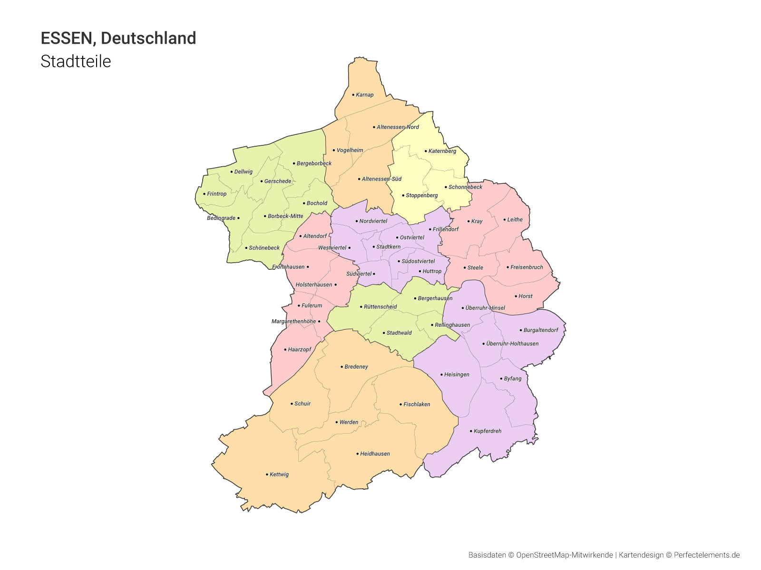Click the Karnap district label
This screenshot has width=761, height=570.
[365, 95]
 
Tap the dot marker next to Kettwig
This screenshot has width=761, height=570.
[267, 475]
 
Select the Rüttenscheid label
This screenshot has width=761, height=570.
[380, 307]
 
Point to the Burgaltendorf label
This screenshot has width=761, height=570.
[541, 330]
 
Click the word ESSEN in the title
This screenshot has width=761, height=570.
[66, 38]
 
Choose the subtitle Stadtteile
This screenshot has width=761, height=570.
[76, 61]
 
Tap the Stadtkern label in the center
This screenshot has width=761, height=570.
[388, 247]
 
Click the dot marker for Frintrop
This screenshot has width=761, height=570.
[205, 194]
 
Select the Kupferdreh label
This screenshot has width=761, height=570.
[488, 431]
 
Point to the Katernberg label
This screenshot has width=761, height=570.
[442, 151]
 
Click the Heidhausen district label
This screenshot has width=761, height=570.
[375, 454]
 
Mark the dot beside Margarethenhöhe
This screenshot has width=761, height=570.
[319, 322]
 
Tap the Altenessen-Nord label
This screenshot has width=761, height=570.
[398, 127]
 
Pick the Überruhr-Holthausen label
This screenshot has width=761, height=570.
[512, 344]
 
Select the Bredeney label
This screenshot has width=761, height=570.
[356, 367]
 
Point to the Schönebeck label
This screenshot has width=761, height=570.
[264, 248]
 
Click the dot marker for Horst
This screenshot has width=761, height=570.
[516, 296]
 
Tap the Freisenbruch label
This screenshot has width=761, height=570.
[527, 267]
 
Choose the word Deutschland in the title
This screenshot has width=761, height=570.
[148, 38]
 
